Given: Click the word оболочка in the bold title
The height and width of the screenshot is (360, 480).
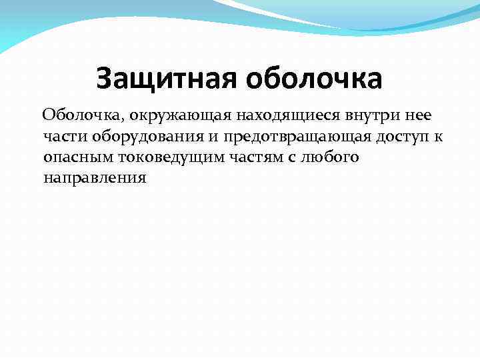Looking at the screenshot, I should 315,79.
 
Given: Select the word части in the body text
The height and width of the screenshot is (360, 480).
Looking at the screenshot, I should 61,137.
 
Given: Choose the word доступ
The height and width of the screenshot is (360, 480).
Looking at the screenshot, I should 405,137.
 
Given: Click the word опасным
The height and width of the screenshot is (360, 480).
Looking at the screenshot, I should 75,158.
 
